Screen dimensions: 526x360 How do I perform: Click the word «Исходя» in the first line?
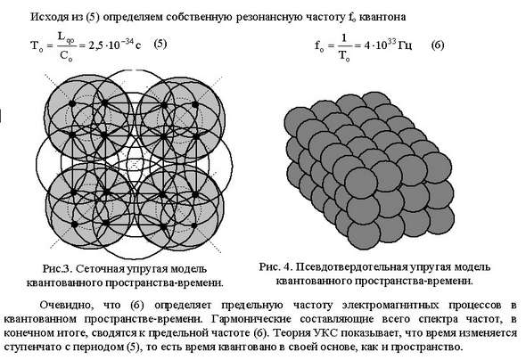point(49,17)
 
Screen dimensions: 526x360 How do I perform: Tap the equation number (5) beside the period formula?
point(160,44)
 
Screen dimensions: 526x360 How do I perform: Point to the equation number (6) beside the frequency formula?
point(438,45)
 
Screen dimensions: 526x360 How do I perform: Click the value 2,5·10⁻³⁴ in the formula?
point(111,45)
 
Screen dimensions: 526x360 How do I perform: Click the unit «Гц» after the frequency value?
point(405,45)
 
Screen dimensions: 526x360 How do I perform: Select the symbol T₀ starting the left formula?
point(37,46)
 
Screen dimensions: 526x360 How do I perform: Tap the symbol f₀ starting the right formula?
point(320,45)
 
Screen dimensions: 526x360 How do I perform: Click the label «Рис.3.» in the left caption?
point(56,269)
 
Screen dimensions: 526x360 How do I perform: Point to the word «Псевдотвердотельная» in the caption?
point(350,267)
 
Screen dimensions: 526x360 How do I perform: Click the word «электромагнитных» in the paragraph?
point(390,306)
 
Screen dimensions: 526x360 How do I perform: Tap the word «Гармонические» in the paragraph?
point(251,319)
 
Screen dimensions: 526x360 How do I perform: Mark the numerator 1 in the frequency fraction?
point(343,38)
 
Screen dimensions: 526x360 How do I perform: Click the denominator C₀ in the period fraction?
point(66,55)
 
